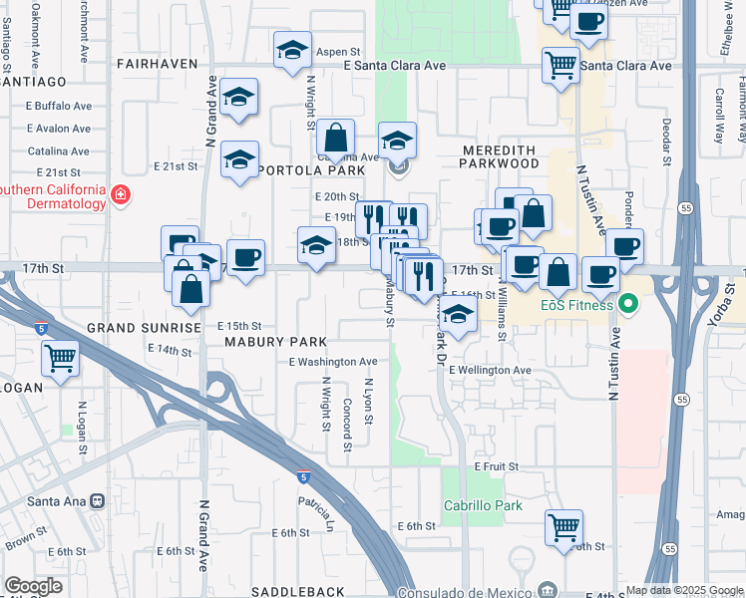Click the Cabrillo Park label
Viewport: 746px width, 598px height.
[483, 505]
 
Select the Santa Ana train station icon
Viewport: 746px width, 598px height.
[98, 502]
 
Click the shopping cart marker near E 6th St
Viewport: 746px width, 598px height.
[563, 526]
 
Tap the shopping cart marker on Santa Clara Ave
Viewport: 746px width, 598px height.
[560, 66]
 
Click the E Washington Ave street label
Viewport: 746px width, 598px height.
[333, 362]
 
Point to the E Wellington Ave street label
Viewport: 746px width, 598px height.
[490, 370]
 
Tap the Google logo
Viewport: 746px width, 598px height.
[33, 585]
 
